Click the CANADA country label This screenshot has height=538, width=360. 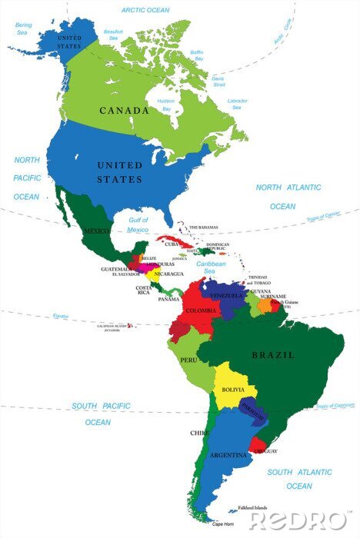[x=124, y=111]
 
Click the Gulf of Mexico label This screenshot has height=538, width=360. [x=138, y=224]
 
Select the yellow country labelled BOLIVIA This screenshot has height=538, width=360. [x=233, y=390]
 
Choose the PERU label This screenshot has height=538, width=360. [x=188, y=359]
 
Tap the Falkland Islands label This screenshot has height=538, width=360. [x=252, y=508]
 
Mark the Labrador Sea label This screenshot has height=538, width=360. [x=237, y=105]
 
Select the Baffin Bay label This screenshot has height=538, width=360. [x=198, y=55]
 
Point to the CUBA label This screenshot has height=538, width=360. [x=172, y=244]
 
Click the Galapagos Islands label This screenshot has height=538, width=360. [x=108, y=327]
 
